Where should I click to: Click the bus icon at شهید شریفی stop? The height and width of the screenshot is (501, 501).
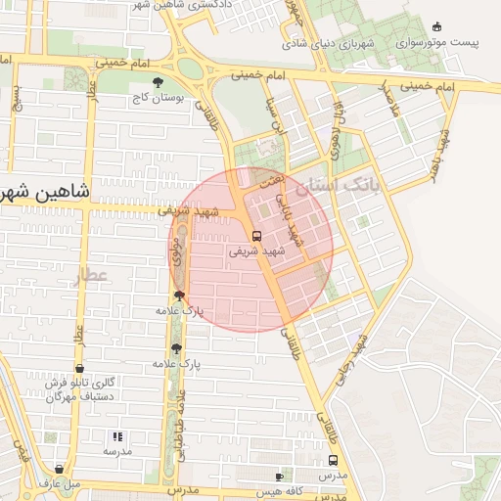[256, 236]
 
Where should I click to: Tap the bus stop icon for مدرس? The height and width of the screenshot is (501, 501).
[334, 460]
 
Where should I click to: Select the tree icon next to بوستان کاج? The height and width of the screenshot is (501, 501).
[159, 84]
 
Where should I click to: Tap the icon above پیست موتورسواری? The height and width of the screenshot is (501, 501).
[436, 26]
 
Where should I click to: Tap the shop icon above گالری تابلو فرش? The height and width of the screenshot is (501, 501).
[79, 369]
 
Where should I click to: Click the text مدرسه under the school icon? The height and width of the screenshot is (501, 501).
[117, 451]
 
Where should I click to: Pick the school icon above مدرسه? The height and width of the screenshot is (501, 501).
[117, 436]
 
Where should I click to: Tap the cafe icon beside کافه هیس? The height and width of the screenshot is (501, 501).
[280, 477]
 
